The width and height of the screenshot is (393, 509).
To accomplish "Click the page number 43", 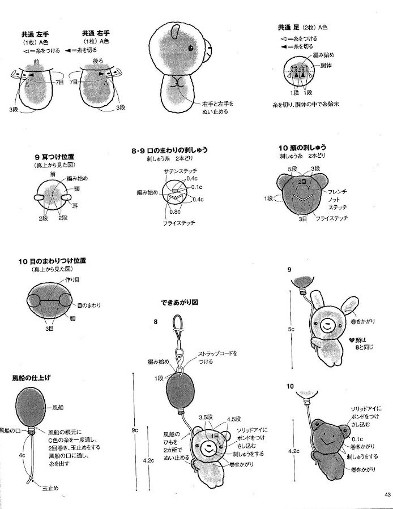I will pyautogui.click(x=387, y=495).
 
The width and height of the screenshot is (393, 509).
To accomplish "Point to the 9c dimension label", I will pyautogui.click(x=135, y=430).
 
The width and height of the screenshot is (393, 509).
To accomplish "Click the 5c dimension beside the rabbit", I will pyautogui.click(x=291, y=328).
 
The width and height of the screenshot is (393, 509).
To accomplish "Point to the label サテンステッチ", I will pyautogui.click(x=163, y=171).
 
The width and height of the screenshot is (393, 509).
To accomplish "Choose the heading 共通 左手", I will pyautogui.click(x=35, y=33).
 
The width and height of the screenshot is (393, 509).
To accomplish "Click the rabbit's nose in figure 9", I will pyautogui.click(x=328, y=326).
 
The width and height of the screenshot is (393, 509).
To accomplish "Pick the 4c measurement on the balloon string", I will pyautogui.click(x=22, y=455).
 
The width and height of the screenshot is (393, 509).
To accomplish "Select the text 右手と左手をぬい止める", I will pyautogui.click(x=216, y=107).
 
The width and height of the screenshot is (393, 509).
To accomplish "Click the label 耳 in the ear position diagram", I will pyautogui.click(x=74, y=206).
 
